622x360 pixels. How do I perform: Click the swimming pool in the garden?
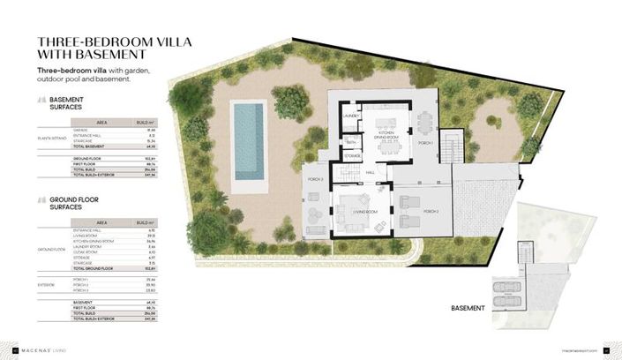point(248,146)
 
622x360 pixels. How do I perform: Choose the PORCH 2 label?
point(431,213)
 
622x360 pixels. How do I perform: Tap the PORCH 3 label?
point(317,181)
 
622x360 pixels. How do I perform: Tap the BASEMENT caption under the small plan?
point(468,308)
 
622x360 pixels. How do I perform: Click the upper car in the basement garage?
point(500,286)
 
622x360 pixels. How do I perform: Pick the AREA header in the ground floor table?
point(102,222)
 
